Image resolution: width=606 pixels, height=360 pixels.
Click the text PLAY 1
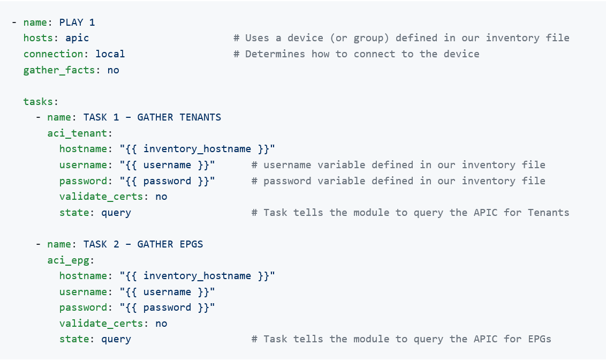point(77,22)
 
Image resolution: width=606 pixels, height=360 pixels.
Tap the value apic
point(77,38)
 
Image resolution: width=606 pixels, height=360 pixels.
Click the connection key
point(53,54)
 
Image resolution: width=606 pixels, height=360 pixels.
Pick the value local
point(110,54)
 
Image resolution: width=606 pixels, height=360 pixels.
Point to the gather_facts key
point(59,70)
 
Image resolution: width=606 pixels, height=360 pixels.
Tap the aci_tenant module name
point(77,133)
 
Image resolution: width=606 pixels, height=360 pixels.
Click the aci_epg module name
point(68,260)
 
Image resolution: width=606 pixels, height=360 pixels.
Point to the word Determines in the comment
point(275,54)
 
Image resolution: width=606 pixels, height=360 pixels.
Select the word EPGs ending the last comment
point(540,339)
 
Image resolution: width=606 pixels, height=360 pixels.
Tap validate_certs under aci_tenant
point(101,197)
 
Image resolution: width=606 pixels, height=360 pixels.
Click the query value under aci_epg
point(116,340)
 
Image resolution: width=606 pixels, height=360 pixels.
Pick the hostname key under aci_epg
point(83,276)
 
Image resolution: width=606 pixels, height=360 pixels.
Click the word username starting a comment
point(287,164)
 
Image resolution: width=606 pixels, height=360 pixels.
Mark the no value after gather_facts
point(113,70)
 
